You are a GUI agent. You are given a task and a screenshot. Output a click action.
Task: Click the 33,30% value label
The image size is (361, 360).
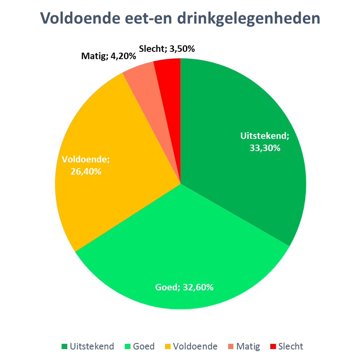coord(265,148)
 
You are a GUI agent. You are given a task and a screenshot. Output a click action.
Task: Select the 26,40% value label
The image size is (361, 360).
coord(85,171)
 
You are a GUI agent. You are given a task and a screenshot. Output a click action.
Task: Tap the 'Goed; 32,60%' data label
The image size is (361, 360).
coord(184,288)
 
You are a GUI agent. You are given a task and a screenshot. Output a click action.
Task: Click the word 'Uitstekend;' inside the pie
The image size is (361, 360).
coord(265,136)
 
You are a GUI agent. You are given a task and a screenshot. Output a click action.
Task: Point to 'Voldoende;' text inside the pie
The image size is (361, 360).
coord(86,159)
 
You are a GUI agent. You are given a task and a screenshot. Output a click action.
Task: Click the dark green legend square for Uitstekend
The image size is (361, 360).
coord(64,347)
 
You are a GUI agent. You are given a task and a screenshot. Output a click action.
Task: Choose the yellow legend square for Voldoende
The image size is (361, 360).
coord(168,347)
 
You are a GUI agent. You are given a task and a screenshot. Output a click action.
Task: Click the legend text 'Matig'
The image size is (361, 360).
coord(248,347)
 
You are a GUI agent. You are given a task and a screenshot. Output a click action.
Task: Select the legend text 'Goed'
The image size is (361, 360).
coord(143,347)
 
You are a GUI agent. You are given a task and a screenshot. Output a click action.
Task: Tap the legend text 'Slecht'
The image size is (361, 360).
coord(291,347)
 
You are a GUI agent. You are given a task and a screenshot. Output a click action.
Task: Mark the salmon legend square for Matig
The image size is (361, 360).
coord(231,347)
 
